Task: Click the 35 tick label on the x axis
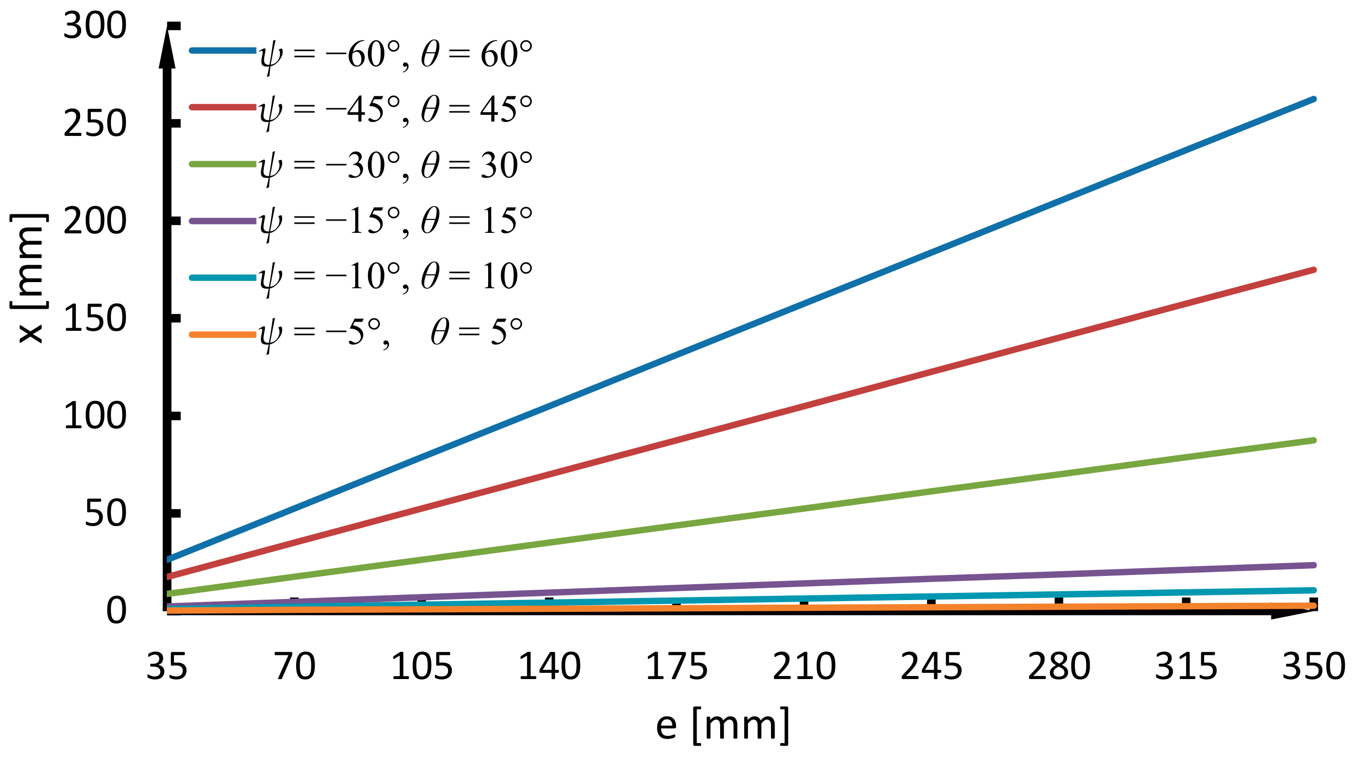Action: pos(167,667)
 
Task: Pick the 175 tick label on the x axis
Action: pos(677,667)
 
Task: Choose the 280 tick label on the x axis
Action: pos(1058,667)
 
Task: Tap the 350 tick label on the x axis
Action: pos(1314,667)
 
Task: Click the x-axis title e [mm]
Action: pos(723,726)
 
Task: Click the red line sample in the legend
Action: pos(223,107)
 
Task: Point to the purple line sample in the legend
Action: pos(223,221)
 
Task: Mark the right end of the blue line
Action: pos(1313,99)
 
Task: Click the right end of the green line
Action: pos(1313,440)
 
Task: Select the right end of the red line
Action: pos(1313,270)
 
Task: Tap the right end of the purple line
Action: pos(1313,565)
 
